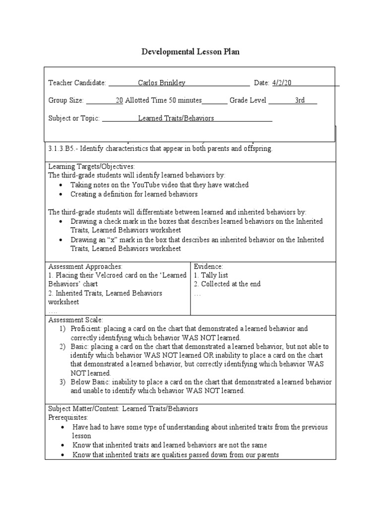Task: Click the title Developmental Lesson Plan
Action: coord(190,52)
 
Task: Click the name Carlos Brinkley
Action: coord(160,83)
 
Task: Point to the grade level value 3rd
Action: coord(300,101)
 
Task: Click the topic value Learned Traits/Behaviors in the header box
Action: coord(176,119)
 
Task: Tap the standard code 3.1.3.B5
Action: coord(62,149)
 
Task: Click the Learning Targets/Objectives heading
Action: coord(91,167)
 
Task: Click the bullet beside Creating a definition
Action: coord(60,194)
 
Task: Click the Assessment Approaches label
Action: coord(85,266)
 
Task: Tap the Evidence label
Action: coord(208,266)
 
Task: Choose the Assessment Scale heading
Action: coord(75,320)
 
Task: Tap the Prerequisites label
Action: coord(68,418)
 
